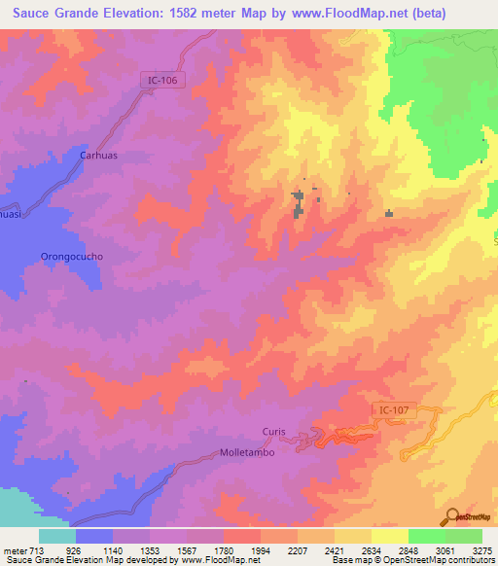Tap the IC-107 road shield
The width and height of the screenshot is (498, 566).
[x=395, y=412]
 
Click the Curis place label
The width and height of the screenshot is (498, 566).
[x=274, y=432]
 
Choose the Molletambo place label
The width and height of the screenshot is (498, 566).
[x=248, y=452]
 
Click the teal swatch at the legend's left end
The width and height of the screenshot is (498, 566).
[x=57, y=536]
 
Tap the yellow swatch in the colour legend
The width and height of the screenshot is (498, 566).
[x=389, y=536]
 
